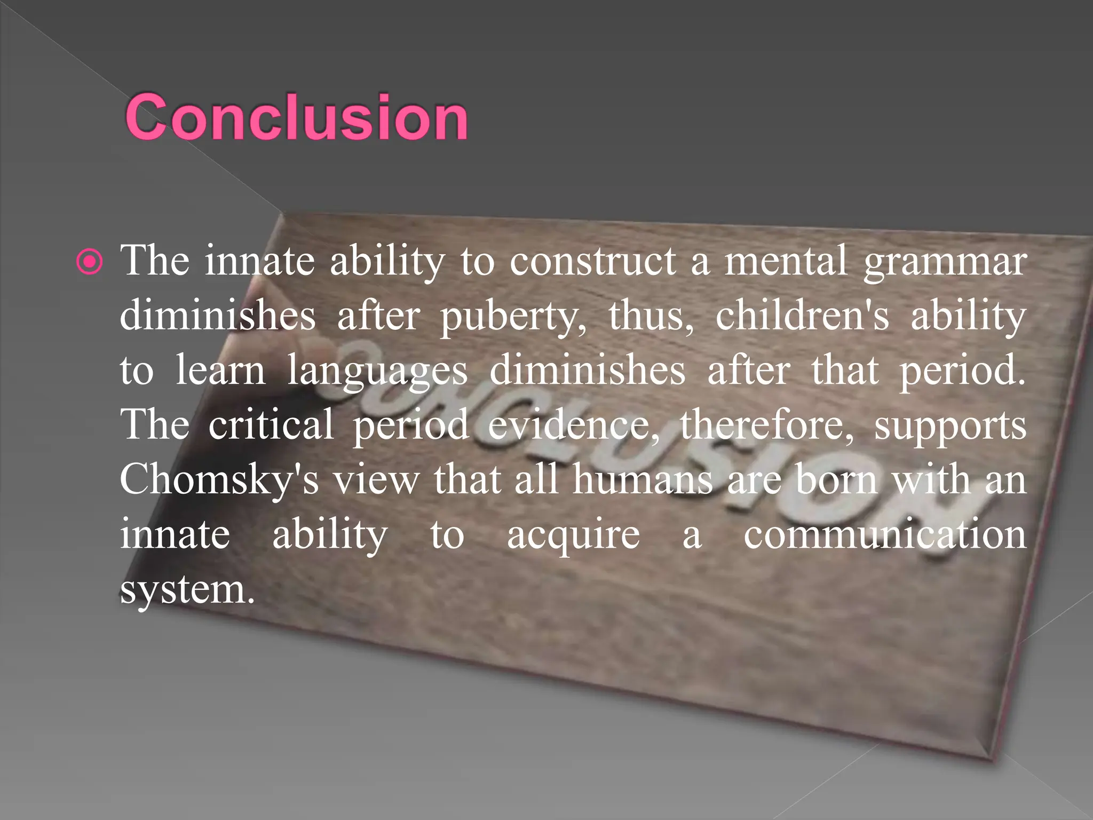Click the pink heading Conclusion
point(297,117)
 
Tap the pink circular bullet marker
point(89,262)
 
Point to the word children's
point(802,316)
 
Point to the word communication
point(885,535)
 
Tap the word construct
point(592,262)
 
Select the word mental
point(786,262)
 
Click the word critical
point(271,425)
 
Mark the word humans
point(643,479)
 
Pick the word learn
point(220,370)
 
